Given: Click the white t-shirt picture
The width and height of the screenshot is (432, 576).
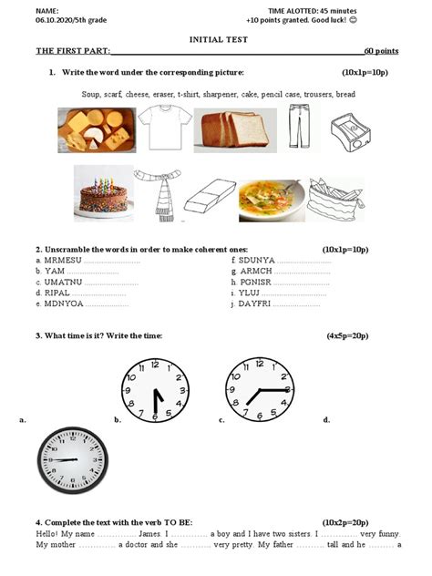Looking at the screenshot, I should coord(167,128).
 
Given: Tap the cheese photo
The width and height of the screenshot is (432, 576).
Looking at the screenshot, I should coord(96,129).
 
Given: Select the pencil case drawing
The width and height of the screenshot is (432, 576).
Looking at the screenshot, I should coord(337,198).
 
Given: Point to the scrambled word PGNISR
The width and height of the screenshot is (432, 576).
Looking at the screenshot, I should coord(256,282).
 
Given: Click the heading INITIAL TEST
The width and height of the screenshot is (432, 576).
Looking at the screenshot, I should coord(215,40).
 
